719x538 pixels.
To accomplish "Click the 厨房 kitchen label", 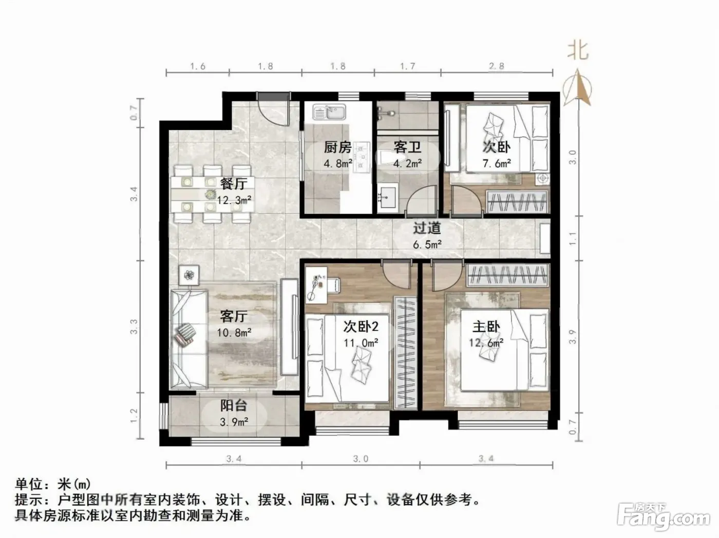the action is tap(338, 147).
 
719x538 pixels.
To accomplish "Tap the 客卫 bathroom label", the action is tap(407, 147).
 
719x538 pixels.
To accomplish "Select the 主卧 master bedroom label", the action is tap(486, 327).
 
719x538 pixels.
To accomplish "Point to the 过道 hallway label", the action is tap(427, 228).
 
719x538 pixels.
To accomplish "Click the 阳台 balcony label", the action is tap(234, 405).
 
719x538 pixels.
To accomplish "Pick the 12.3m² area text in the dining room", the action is tap(234, 199).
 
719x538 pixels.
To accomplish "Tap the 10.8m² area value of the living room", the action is tap(234, 333).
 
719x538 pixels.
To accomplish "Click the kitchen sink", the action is tap(329, 112).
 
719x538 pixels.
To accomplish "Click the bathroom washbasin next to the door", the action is tap(388, 196).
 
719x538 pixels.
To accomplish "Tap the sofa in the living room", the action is tap(188, 339).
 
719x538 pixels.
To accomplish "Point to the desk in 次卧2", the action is tap(316, 284).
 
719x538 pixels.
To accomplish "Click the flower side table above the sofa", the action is tap(189, 275).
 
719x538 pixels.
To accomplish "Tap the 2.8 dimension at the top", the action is tap(497, 66).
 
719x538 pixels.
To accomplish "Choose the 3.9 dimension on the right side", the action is tap(572, 337).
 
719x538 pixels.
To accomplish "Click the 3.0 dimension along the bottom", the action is tap(361, 459).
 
